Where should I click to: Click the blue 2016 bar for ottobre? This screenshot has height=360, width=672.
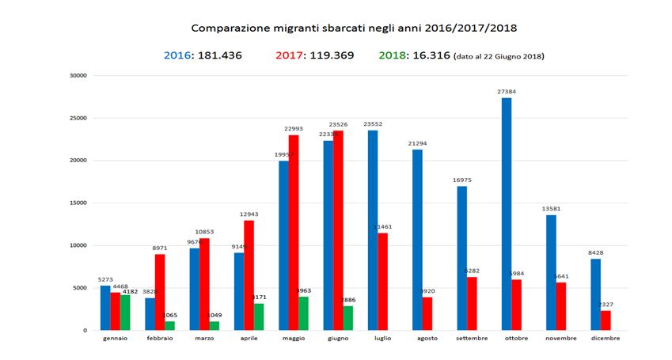(507, 214)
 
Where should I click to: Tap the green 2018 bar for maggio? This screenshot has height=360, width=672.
(304, 313)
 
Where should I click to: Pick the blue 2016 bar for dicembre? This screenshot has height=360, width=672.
(595, 294)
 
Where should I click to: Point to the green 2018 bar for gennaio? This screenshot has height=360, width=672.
(125, 313)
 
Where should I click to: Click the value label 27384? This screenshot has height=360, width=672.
(507, 92)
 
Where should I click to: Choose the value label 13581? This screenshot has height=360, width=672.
(550, 209)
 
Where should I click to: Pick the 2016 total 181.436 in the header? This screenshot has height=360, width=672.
(215, 55)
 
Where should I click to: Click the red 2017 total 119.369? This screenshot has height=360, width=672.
(326, 55)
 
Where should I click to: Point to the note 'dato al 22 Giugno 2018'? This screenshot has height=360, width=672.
(499, 56)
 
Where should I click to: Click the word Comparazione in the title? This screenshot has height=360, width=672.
(226, 28)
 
